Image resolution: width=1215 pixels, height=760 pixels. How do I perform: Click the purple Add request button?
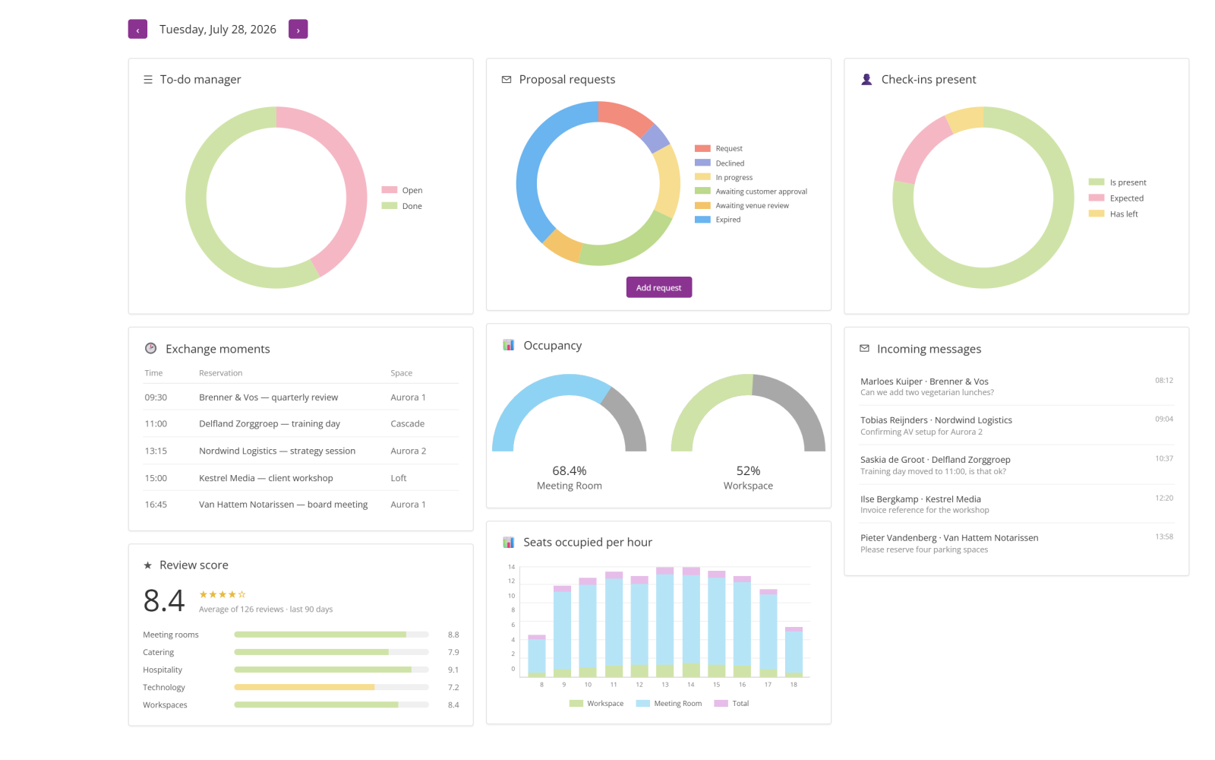pyautogui.click(x=658, y=287)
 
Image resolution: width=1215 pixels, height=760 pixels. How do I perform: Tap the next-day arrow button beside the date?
pyautogui.click(x=298, y=30)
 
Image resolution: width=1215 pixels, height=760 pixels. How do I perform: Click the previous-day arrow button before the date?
pyautogui.click(x=137, y=30)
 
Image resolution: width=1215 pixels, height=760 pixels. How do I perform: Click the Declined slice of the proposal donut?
pyautogui.click(x=656, y=138)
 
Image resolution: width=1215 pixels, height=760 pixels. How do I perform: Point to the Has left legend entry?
pyautogui.click(x=1113, y=214)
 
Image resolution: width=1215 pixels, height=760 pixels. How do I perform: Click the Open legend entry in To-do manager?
pyautogui.click(x=402, y=190)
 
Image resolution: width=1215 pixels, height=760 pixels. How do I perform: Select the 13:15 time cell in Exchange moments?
pyautogui.click(x=156, y=451)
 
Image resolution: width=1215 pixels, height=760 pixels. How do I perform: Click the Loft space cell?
pyautogui.click(x=398, y=478)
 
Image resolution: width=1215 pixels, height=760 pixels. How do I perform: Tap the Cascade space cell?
pyautogui.click(x=407, y=423)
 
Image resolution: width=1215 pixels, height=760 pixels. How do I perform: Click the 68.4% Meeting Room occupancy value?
pyautogui.click(x=569, y=470)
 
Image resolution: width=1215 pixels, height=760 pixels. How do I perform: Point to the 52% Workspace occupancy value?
pyautogui.click(x=748, y=470)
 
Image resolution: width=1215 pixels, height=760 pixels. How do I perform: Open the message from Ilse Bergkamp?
pyautogui.click(x=1017, y=504)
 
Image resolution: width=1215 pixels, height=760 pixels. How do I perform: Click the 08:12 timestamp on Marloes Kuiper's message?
pyautogui.click(x=1164, y=381)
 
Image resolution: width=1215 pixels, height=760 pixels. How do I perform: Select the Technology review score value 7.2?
pyautogui.click(x=453, y=687)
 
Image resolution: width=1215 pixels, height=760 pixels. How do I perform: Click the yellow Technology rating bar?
pyautogui.click(x=305, y=687)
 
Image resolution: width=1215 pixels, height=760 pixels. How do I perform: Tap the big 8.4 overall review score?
pyautogui.click(x=164, y=600)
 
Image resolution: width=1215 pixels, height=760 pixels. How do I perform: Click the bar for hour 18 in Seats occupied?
pyautogui.click(x=794, y=652)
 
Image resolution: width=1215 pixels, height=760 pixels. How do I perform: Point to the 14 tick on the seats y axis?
pyautogui.click(x=511, y=567)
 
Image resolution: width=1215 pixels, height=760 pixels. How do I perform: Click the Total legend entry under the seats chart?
pyautogui.click(x=731, y=704)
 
